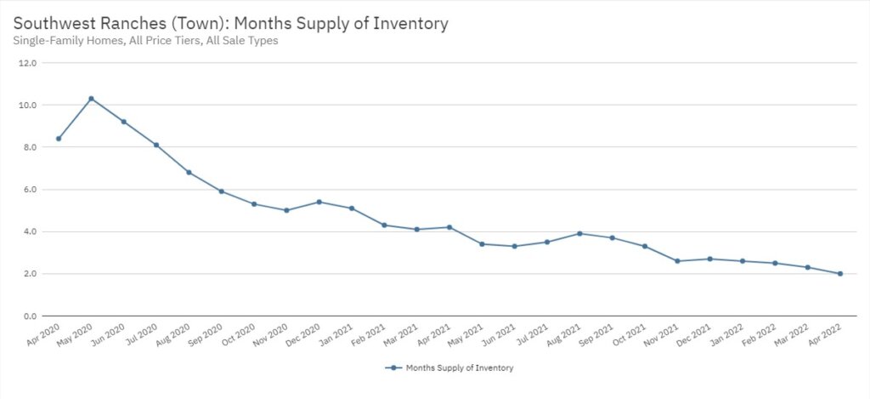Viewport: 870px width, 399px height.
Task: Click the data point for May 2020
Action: click(x=91, y=99)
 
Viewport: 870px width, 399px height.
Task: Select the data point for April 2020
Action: click(x=59, y=139)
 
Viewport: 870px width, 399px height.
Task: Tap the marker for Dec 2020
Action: click(x=319, y=202)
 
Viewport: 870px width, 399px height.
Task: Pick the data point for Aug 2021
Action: click(x=579, y=233)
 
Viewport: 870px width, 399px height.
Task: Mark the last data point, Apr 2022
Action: click(x=840, y=274)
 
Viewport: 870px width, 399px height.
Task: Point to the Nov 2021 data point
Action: click(x=677, y=261)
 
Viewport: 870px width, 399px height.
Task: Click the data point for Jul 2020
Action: click(x=156, y=145)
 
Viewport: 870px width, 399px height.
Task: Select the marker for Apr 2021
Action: click(x=449, y=227)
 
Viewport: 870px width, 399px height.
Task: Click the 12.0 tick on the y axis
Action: click(x=28, y=63)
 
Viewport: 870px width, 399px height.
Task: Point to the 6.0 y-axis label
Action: click(x=28, y=190)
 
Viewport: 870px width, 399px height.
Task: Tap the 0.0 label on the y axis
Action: click(x=28, y=316)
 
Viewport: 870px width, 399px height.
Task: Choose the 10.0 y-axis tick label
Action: click(x=28, y=105)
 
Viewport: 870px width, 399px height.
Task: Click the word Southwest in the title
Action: click(x=52, y=24)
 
